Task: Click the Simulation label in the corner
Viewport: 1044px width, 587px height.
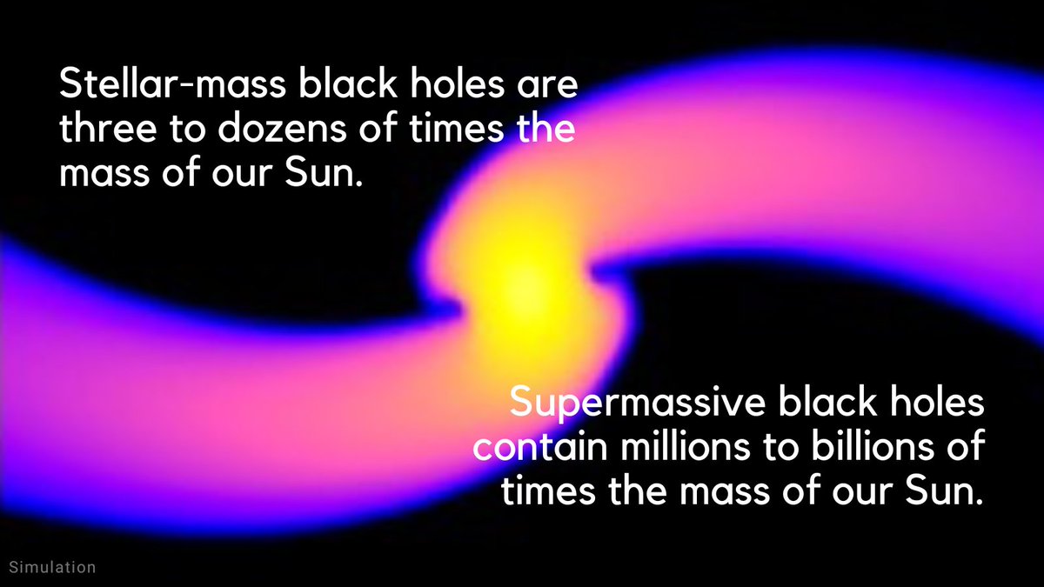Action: pyautogui.click(x=51, y=567)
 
